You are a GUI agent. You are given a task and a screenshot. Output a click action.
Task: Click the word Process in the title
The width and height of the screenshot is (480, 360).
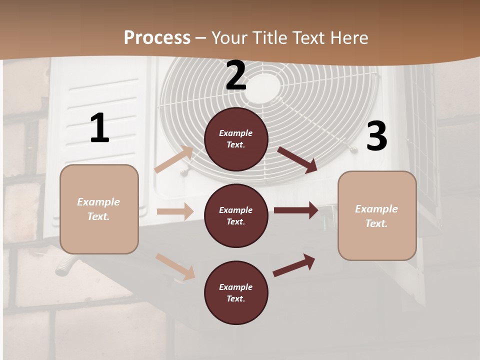157,37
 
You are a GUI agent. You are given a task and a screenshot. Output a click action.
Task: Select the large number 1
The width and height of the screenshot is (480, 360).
99,128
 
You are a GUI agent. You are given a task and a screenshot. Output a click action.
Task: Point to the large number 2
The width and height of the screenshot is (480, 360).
236,76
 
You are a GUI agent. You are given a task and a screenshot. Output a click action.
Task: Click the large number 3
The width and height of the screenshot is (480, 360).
376,136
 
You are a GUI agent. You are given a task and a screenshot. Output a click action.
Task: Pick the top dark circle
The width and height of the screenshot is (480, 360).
236,139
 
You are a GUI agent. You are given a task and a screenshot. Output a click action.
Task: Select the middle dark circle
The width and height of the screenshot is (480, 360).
236,216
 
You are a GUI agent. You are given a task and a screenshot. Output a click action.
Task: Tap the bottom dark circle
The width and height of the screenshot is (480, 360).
236,293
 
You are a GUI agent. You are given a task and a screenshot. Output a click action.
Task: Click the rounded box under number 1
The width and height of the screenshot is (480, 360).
99,209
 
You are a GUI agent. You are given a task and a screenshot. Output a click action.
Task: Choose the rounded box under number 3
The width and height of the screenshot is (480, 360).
377,216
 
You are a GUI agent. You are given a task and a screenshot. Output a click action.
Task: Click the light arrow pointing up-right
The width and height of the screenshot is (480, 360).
174,159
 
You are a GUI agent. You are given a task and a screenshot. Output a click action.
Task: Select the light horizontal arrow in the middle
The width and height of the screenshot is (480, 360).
175,211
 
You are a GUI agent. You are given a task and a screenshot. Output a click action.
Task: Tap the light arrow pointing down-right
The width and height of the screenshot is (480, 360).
175,266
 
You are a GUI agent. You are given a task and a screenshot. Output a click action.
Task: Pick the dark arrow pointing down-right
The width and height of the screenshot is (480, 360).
297,159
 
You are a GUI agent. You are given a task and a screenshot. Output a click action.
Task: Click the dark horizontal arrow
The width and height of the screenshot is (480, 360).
296,210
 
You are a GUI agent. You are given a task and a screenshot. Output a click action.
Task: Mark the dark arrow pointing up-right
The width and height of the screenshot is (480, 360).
294,264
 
